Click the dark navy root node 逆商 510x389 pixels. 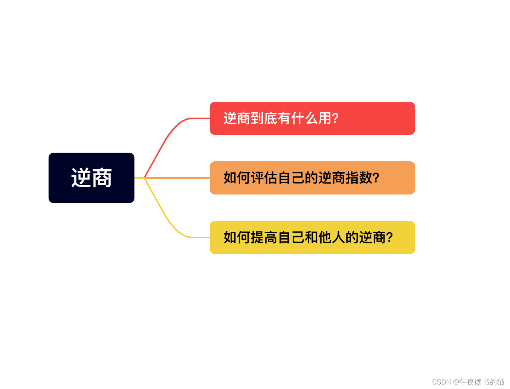91,178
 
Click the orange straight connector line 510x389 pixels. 177,178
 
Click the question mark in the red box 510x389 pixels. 335,118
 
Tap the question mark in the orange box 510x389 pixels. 376,178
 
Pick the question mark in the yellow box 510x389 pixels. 389,237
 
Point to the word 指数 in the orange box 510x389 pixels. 359,178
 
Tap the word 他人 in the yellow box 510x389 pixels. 332,237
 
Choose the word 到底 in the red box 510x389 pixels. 264,118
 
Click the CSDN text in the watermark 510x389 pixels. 441,382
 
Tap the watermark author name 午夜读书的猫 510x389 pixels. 482,382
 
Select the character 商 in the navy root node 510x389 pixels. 102,178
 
